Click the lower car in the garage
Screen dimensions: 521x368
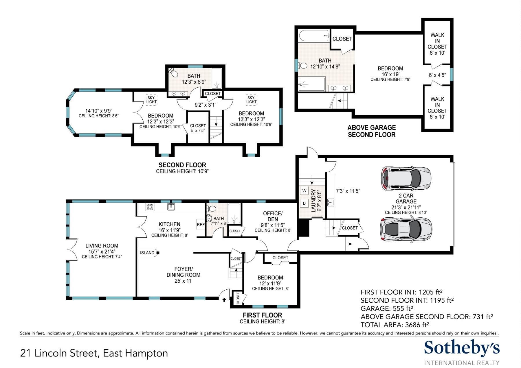coord(406,229)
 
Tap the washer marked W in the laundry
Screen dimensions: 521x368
coord(304,191)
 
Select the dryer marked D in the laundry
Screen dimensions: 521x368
coord(304,204)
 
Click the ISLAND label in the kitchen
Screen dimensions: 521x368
coord(147,253)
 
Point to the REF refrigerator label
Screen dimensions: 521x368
coord(201,224)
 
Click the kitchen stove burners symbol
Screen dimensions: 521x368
coord(150,207)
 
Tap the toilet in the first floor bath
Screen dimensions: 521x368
coord(212,208)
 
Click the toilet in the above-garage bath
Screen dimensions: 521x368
coord(302,66)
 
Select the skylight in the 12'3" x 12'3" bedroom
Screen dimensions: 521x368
coord(151,100)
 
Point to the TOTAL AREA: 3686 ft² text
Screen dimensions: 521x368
coord(395,325)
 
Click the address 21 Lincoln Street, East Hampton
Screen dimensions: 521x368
coord(94,353)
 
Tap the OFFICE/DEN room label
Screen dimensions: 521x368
coord(273,216)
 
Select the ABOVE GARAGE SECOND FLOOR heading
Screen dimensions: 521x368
coord(372,131)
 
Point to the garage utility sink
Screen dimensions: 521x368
coord(331,202)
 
